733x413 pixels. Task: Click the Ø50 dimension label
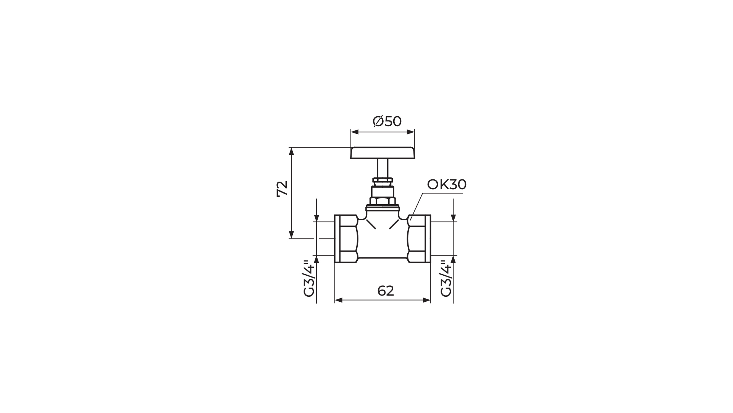(387, 121)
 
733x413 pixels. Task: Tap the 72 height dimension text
(282, 189)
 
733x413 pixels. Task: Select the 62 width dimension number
(386, 291)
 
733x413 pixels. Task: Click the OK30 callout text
(447, 185)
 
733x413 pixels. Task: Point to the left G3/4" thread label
(309, 278)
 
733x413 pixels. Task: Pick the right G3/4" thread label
(446, 278)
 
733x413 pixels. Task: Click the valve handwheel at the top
(383, 153)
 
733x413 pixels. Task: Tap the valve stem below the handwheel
(383, 168)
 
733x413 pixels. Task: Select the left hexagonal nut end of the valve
(346, 239)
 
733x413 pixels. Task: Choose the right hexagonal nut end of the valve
(419, 239)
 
